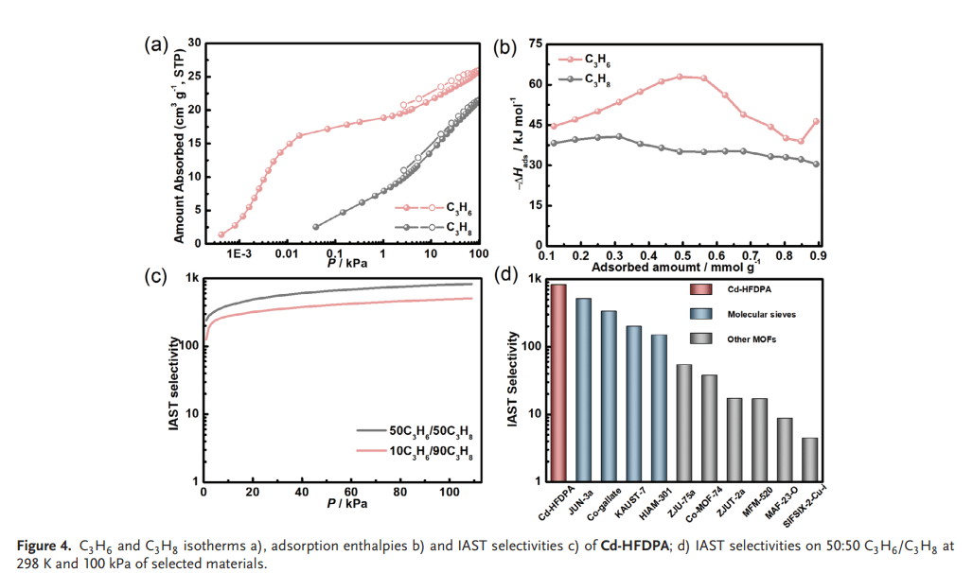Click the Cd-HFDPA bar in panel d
(559, 383)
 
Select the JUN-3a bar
(584, 390)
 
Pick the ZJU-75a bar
(683, 423)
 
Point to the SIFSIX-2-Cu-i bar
(809, 460)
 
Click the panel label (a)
(156, 43)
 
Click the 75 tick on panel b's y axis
(535, 44)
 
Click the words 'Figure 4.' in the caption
(44, 546)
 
